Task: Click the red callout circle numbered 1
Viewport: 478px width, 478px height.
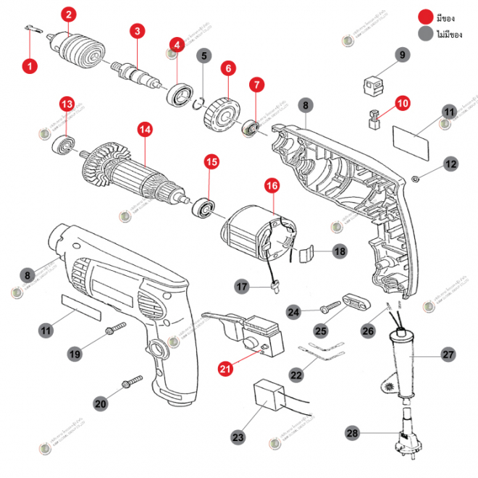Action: (29, 66)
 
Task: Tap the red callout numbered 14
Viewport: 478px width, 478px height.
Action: (146, 130)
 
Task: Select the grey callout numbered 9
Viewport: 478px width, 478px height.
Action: (403, 55)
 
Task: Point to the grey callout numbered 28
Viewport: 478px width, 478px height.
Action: (353, 434)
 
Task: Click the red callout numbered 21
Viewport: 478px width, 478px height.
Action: (226, 369)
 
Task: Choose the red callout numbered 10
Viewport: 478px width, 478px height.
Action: (403, 104)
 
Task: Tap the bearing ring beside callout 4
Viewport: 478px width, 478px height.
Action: (178, 94)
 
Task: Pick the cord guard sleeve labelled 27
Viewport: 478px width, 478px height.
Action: (401, 358)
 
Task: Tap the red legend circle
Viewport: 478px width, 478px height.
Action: (424, 17)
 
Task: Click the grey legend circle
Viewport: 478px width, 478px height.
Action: (424, 33)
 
